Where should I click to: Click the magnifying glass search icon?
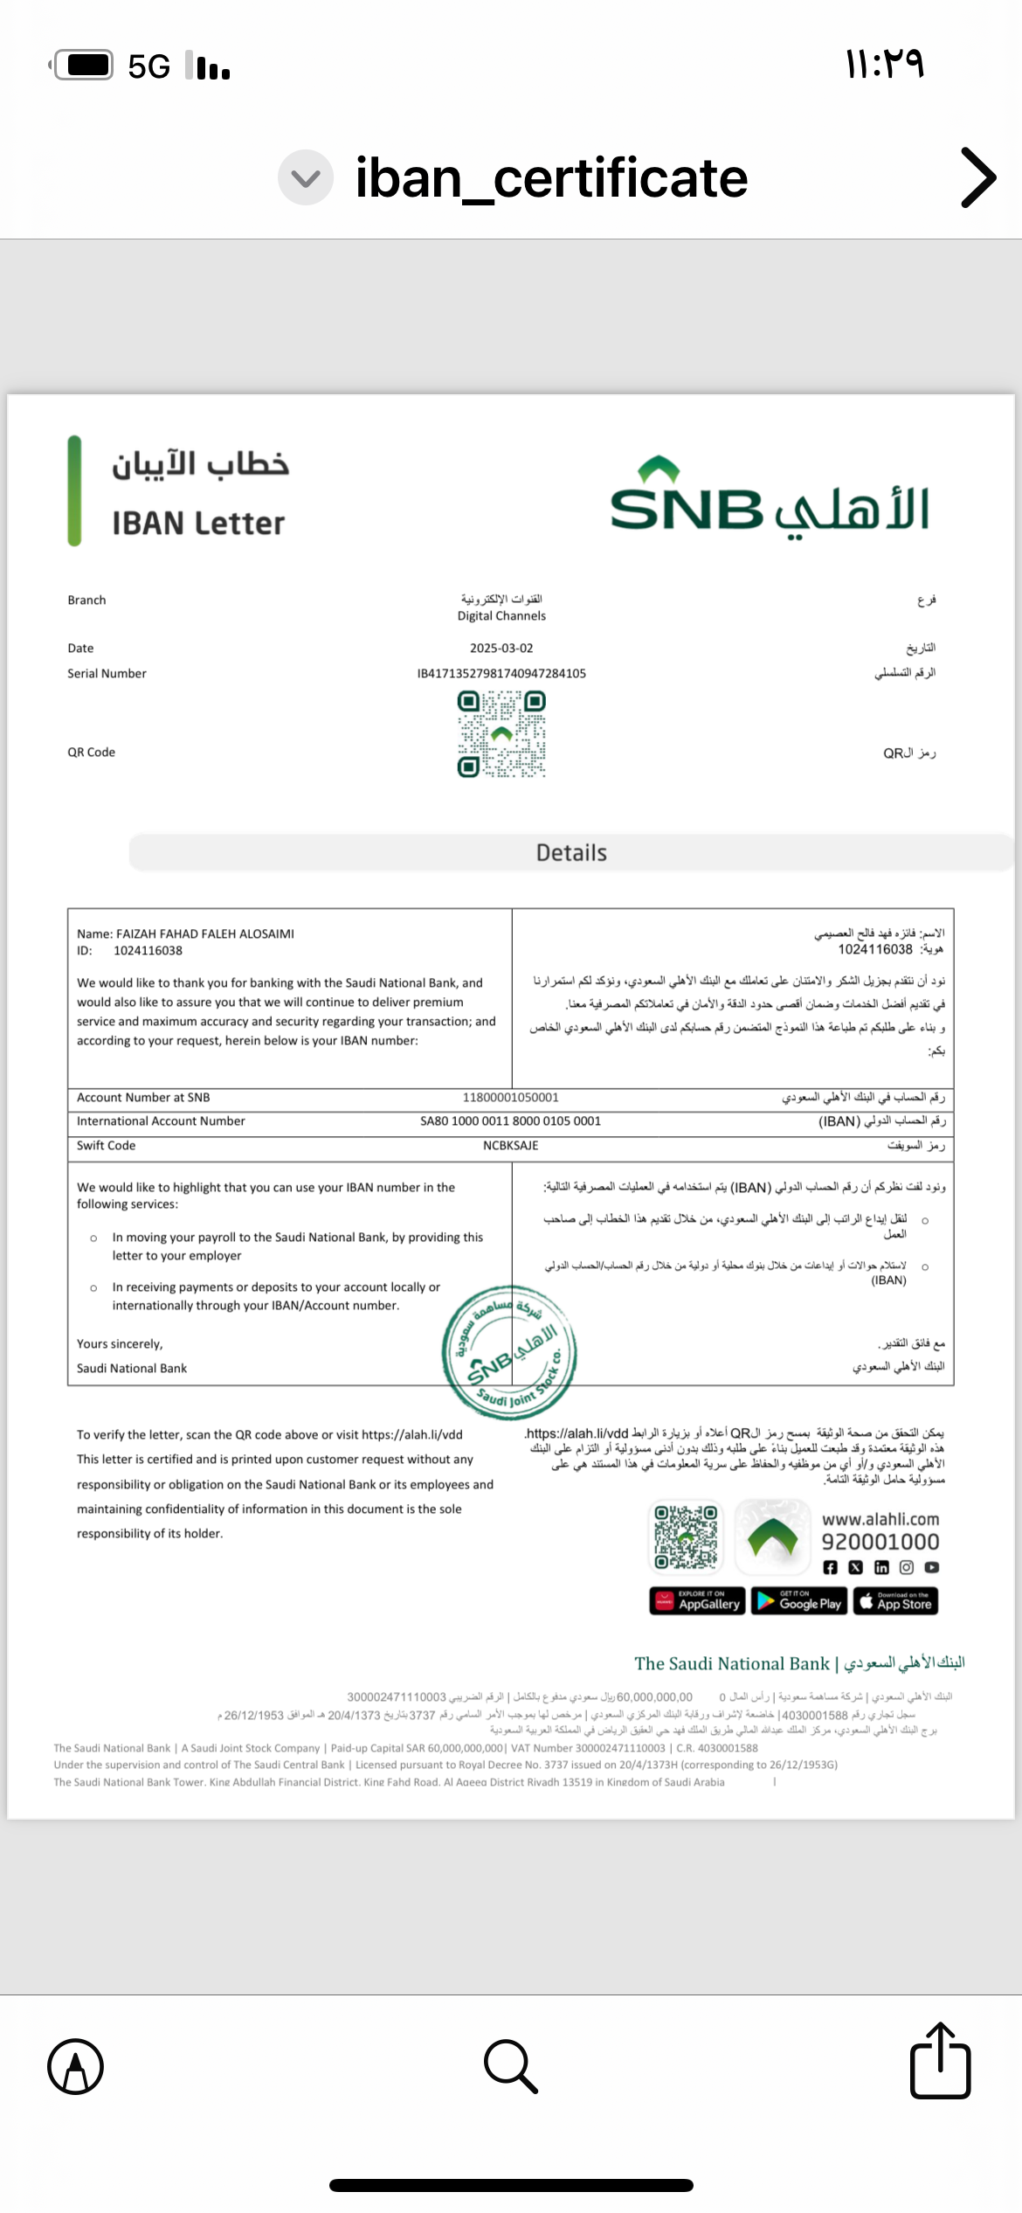pos(510,2066)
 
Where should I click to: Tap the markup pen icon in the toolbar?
pos(76,2066)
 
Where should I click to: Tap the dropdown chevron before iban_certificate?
pos(306,177)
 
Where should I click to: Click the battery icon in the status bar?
pos(84,65)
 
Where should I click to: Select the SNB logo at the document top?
pos(769,499)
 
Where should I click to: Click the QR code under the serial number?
pos(501,734)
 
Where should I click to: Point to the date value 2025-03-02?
pos(501,649)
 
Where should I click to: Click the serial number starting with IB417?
pos(501,674)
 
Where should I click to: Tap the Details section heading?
pos(571,853)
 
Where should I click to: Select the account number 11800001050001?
pos(510,1098)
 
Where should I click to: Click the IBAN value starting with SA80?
pos(510,1121)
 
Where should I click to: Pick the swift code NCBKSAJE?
pos(510,1146)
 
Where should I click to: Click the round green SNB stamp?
pos(509,1351)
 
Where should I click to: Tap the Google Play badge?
pos(799,1601)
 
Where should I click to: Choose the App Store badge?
pos(895,1601)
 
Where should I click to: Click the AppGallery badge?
pos(697,1601)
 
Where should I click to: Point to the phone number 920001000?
pos(880,1543)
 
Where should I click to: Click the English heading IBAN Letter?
pos(198,524)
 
